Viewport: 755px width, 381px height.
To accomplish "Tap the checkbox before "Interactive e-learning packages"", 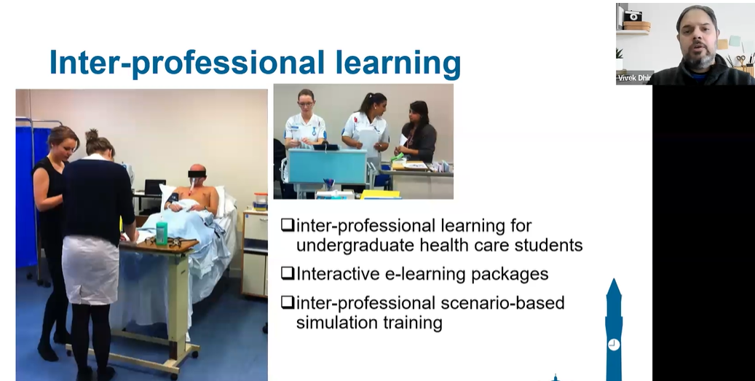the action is coord(288,273).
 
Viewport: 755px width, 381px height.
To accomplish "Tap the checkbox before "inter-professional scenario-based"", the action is coord(288,302).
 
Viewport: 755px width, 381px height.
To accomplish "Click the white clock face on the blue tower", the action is coord(614,345).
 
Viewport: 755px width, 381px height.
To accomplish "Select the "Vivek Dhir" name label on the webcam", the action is coord(633,77).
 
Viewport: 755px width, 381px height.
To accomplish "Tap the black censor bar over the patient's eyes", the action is coord(197,173).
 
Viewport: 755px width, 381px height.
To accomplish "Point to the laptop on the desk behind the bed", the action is coord(154,187).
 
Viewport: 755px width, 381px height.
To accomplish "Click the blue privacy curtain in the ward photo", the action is coord(26,192).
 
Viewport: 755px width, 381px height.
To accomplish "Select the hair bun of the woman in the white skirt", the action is coord(92,134).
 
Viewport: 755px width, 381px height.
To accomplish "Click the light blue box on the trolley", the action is coord(327,165).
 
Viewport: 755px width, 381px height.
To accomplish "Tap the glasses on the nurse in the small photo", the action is coord(305,103).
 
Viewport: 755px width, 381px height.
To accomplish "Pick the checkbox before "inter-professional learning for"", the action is coord(288,225).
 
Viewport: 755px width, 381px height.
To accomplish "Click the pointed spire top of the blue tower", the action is coord(614,280).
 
